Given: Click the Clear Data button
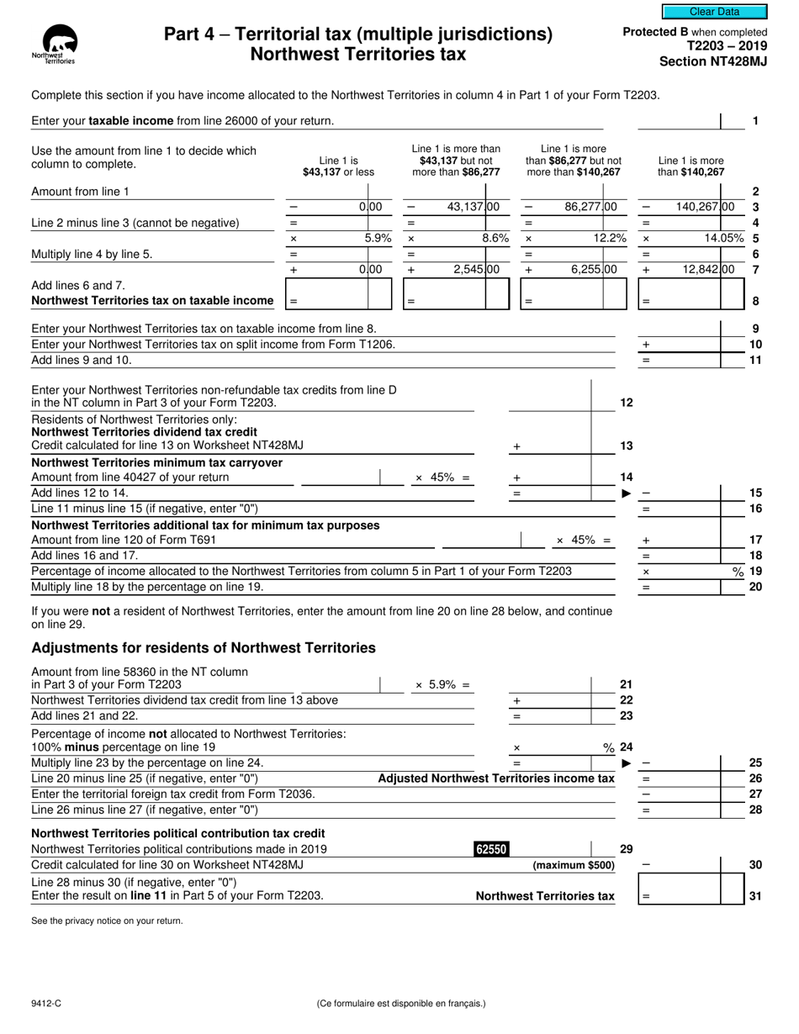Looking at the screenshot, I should (x=714, y=12).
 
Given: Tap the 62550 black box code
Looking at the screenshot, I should (x=492, y=849).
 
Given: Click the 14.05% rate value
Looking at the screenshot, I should (x=724, y=238).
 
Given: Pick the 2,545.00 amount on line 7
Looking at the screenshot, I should (x=465, y=270).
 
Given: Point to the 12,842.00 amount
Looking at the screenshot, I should (x=705, y=270).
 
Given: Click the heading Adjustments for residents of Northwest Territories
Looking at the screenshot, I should (x=203, y=647).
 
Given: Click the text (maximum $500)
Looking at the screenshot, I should (x=574, y=865).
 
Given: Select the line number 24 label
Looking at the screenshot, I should (x=626, y=746).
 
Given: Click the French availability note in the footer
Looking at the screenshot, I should (x=401, y=1003).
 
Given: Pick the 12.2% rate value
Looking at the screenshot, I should (x=610, y=238).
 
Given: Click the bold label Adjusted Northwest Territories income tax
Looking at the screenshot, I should (x=496, y=778).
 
